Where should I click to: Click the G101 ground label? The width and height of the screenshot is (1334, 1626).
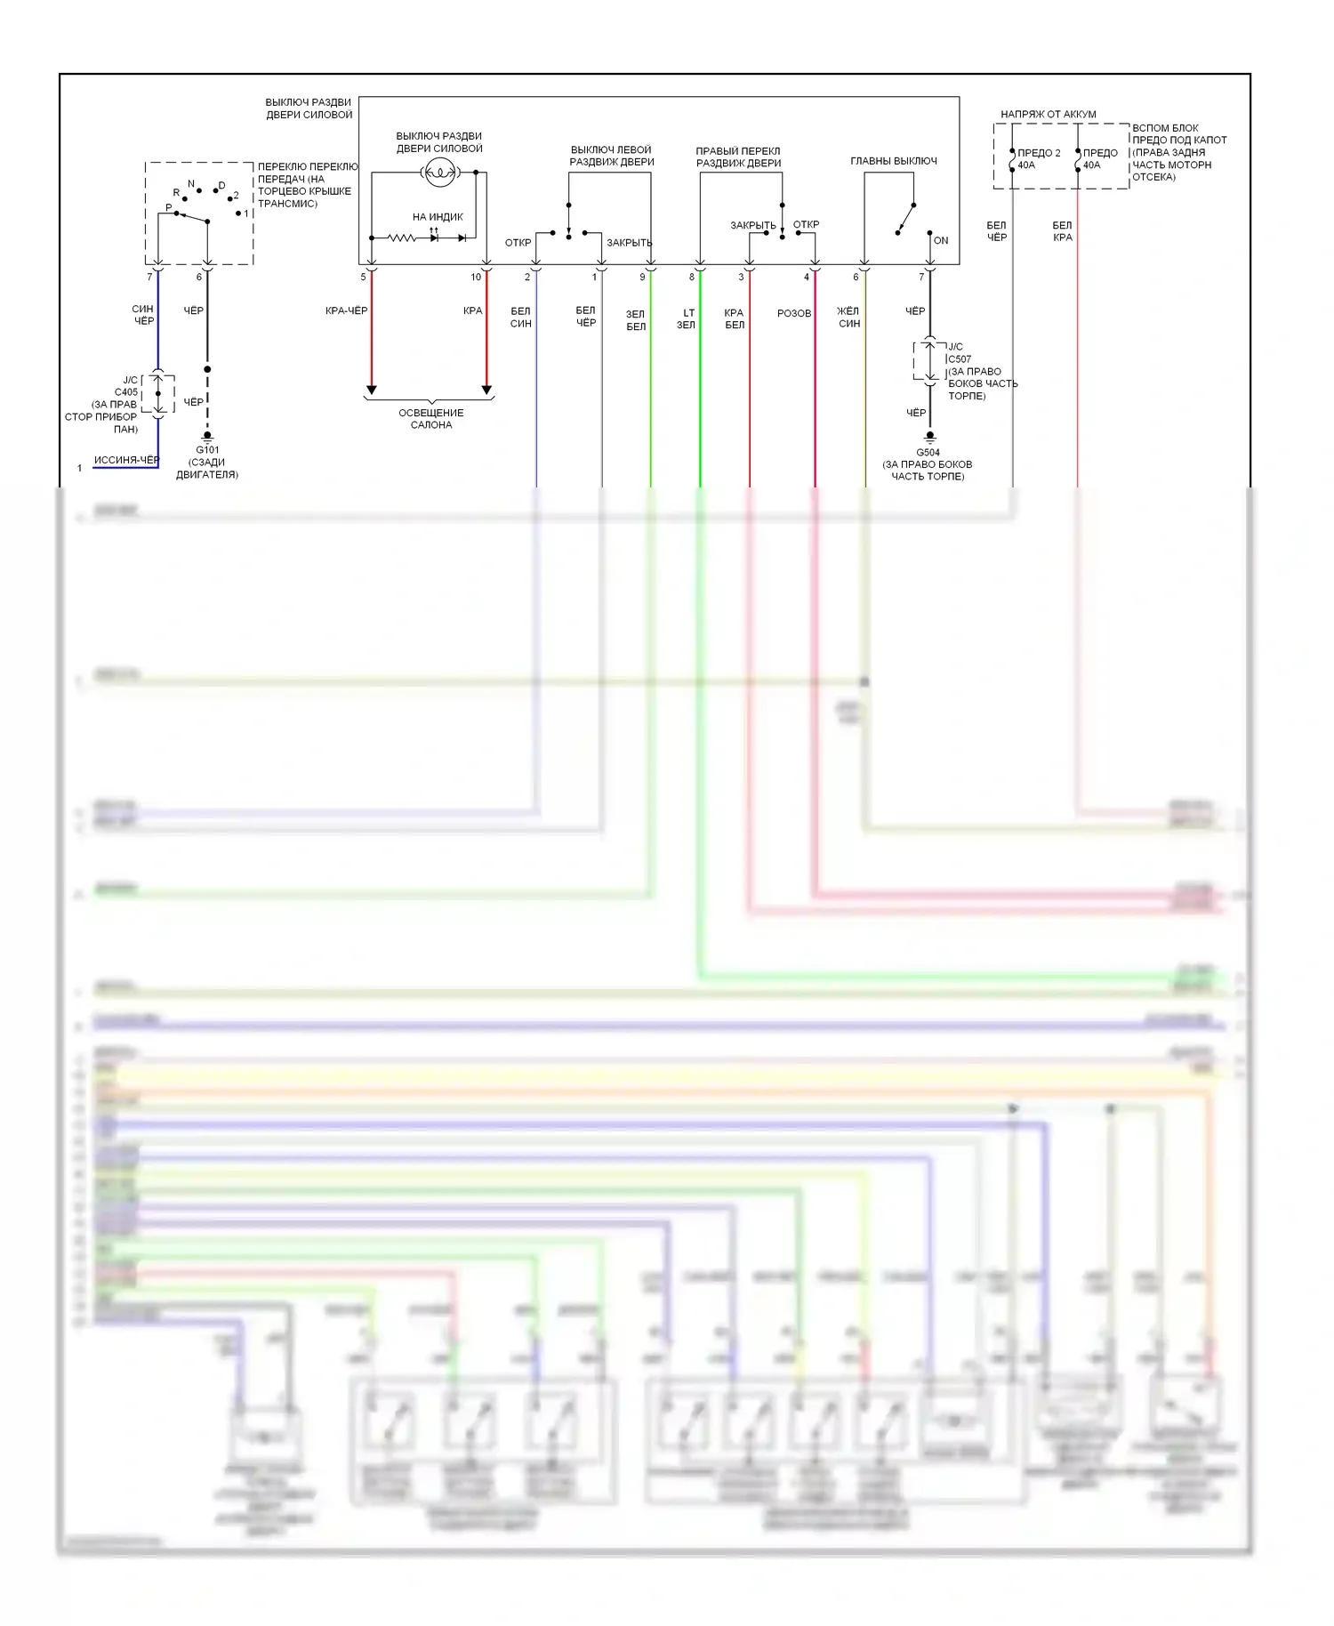click(207, 450)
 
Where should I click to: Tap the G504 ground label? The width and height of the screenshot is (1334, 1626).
click(928, 452)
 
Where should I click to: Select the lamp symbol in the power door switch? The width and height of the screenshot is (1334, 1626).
click(439, 173)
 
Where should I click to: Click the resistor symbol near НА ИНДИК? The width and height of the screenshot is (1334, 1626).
click(401, 237)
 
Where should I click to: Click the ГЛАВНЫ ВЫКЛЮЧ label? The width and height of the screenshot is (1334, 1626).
click(893, 161)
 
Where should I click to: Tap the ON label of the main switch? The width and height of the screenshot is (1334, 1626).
click(941, 240)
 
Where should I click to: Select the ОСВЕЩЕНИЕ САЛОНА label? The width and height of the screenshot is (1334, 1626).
click(431, 418)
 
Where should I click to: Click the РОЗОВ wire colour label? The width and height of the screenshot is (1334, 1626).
click(793, 313)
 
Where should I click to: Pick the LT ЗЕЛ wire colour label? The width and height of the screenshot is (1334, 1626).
click(687, 318)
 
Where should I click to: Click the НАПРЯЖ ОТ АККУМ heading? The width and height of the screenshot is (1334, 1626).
click(1048, 114)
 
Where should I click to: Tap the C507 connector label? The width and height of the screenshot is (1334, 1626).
click(960, 359)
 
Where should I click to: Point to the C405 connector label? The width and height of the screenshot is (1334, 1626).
click(126, 392)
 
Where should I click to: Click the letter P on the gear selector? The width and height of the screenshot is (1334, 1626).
click(169, 208)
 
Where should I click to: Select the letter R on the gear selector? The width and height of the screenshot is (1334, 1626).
click(176, 192)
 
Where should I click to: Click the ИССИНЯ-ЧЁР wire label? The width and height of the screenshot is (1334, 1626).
click(126, 460)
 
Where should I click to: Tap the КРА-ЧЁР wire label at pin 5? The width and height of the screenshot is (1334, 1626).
click(346, 310)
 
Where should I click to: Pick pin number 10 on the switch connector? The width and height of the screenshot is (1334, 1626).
click(476, 277)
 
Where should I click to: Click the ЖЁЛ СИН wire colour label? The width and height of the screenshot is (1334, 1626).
click(848, 318)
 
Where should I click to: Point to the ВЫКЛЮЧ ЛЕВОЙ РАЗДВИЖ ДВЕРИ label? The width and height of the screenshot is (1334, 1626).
click(611, 156)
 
